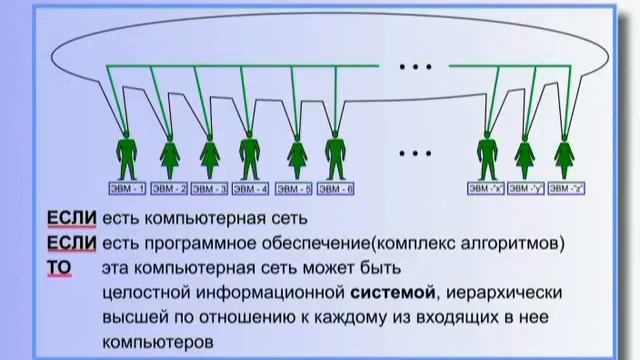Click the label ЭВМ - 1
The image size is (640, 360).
(x=127, y=188)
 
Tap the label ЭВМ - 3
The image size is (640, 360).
(x=209, y=188)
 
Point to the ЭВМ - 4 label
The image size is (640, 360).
(x=250, y=188)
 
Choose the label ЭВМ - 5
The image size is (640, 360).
(x=294, y=188)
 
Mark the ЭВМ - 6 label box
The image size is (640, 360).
(x=335, y=188)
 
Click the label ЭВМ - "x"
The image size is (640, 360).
(x=485, y=188)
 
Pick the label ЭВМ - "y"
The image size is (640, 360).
(x=525, y=188)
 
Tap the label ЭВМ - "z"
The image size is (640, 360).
(x=565, y=188)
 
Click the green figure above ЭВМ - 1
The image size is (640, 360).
(x=127, y=155)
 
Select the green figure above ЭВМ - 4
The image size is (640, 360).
(x=250, y=155)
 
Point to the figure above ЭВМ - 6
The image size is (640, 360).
(x=335, y=155)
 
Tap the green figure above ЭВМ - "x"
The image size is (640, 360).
(x=487, y=155)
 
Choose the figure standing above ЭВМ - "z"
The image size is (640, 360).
(x=565, y=155)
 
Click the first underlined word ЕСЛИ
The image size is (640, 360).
(x=70, y=217)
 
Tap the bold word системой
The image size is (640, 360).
(x=393, y=292)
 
